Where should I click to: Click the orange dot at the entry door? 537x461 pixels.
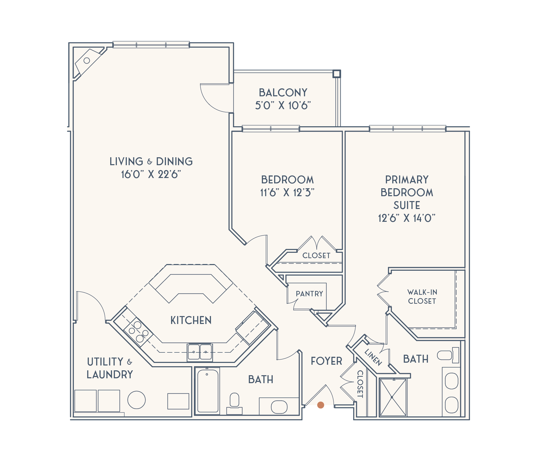pos(321,405)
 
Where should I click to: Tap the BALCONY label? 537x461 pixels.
pos(283,93)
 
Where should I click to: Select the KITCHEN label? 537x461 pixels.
pos(191,320)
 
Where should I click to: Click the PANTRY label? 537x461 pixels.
pos(309,294)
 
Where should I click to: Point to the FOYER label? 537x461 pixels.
pos(327,361)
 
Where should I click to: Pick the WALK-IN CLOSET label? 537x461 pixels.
pos(422,297)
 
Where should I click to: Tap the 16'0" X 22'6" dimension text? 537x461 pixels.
pos(151,174)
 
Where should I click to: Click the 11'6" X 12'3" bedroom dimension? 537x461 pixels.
pos(287,193)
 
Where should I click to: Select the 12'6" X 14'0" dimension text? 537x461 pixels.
pos(407,218)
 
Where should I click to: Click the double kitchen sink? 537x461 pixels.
pos(200,352)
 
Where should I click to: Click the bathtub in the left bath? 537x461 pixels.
pos(208,391)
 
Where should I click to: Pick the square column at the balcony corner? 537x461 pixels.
pos(337,74)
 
